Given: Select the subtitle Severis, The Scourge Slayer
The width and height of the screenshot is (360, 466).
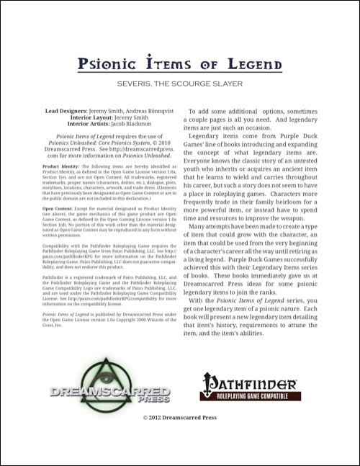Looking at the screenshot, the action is (179, 84).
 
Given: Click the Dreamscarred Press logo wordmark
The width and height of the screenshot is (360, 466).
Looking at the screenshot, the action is (109, 395).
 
